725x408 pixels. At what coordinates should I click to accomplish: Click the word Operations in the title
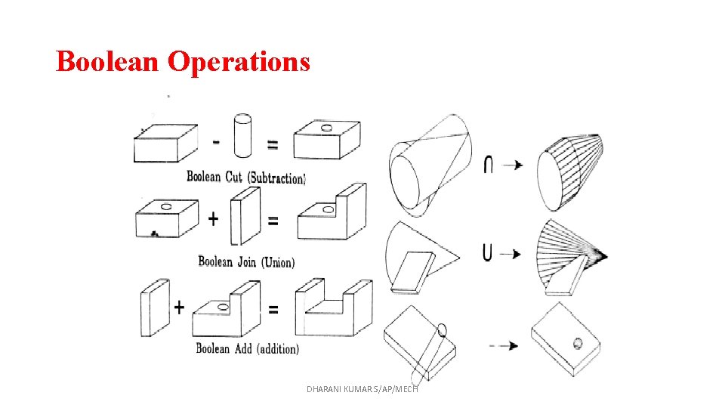239,61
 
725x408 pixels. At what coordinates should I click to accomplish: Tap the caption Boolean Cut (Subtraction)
246,178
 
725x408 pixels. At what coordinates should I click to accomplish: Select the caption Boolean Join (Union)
246,262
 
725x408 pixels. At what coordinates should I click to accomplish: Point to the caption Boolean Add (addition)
247,348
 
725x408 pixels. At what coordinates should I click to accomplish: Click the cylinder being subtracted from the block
243,136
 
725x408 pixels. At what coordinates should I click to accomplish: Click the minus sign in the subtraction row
217,141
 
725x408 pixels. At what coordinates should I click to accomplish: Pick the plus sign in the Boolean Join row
214,219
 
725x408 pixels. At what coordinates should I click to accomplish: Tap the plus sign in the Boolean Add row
179,307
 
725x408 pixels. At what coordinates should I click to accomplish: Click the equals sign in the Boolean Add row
273,308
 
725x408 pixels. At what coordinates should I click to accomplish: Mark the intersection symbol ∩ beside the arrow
489,164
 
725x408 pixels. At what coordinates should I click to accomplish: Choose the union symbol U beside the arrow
488,252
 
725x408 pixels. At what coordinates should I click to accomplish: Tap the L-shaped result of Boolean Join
332,215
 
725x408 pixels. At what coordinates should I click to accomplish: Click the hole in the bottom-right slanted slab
578,343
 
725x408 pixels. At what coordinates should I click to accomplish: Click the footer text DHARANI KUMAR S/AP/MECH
362,388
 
